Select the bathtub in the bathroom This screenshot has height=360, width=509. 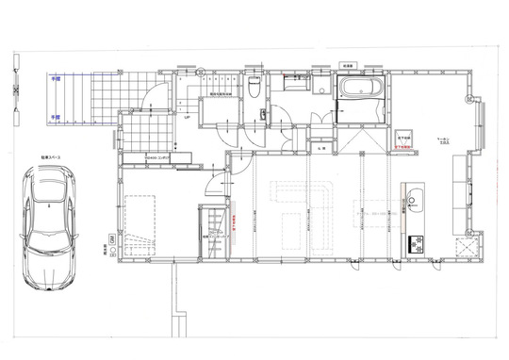[x=359, y=94]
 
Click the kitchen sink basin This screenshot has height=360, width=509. [x=415, y=199]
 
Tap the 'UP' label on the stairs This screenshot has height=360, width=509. [x=188, y=118]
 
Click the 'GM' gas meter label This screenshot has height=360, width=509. [x=111, y=241]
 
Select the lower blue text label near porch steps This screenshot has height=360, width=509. [x=56, y=117]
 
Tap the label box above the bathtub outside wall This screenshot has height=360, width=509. [x=347, y=66]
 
